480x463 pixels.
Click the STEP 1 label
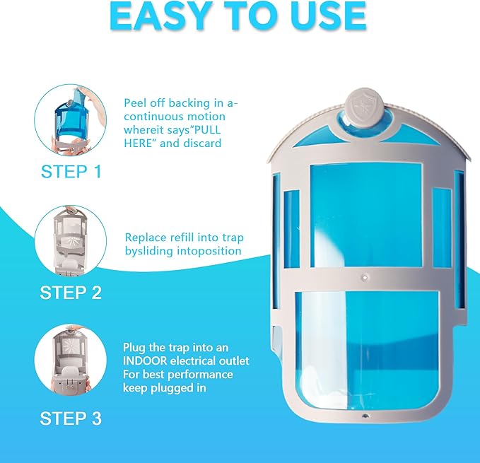point(71,171)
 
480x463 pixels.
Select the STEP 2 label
point(71,293)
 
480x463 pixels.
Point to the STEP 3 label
point(71,418)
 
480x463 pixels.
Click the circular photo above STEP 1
point(71,120)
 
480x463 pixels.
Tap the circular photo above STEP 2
point(71,240)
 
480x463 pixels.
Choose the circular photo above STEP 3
point(71,360)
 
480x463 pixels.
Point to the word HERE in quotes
point(140,143)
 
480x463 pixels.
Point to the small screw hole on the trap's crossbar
point(365,278)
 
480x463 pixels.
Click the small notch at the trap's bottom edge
point(365,416)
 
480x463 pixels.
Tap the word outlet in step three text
point(234,361)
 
